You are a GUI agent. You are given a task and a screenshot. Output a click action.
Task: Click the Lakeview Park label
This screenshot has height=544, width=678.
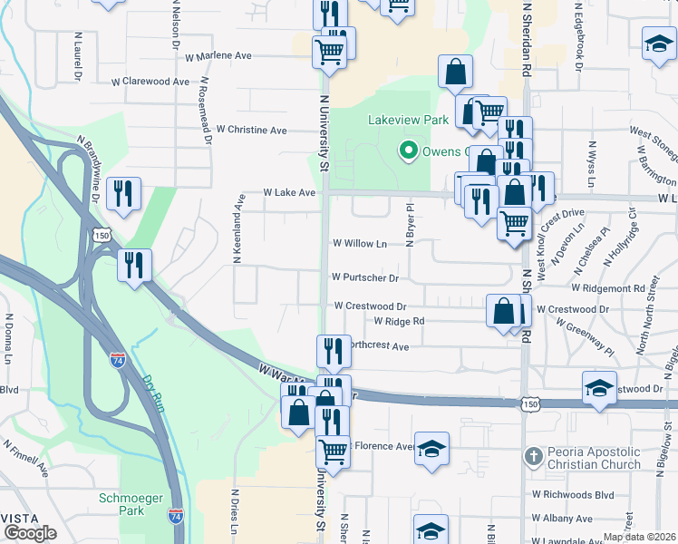[x=408, y=120]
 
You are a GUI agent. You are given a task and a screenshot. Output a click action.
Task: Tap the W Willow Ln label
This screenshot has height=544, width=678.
[x=360, y=243]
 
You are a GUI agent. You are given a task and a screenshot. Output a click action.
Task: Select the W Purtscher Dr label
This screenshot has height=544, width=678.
[x=365, y=277]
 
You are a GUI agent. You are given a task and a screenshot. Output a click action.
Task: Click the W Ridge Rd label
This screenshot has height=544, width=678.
[x=399, y=321]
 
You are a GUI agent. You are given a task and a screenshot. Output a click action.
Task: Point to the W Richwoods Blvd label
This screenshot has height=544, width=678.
[x=573, y=494]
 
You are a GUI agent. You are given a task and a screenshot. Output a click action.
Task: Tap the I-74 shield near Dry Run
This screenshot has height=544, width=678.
[x=117, y=335]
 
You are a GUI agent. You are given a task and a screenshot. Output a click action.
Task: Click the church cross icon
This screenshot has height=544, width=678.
[x=535, y=456]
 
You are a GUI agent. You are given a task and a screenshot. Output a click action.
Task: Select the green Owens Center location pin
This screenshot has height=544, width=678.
[x=409, y=151]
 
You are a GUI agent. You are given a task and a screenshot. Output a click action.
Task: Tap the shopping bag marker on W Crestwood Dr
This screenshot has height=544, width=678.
[x=503, y=311]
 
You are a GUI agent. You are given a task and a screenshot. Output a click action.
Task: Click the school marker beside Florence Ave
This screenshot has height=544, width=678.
[x=432, y=449]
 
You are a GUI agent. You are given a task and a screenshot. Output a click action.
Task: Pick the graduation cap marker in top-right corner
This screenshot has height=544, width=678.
[x=658, y=44]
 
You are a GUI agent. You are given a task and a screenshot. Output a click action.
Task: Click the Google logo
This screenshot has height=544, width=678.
[x=30, y=533]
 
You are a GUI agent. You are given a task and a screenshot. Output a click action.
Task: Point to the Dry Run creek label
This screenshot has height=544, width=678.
[x=155, y=395]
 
